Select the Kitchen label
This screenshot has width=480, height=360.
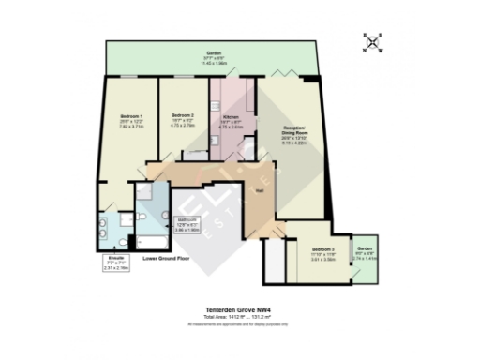[230, 118]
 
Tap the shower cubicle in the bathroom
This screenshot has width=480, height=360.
[146, 192]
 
